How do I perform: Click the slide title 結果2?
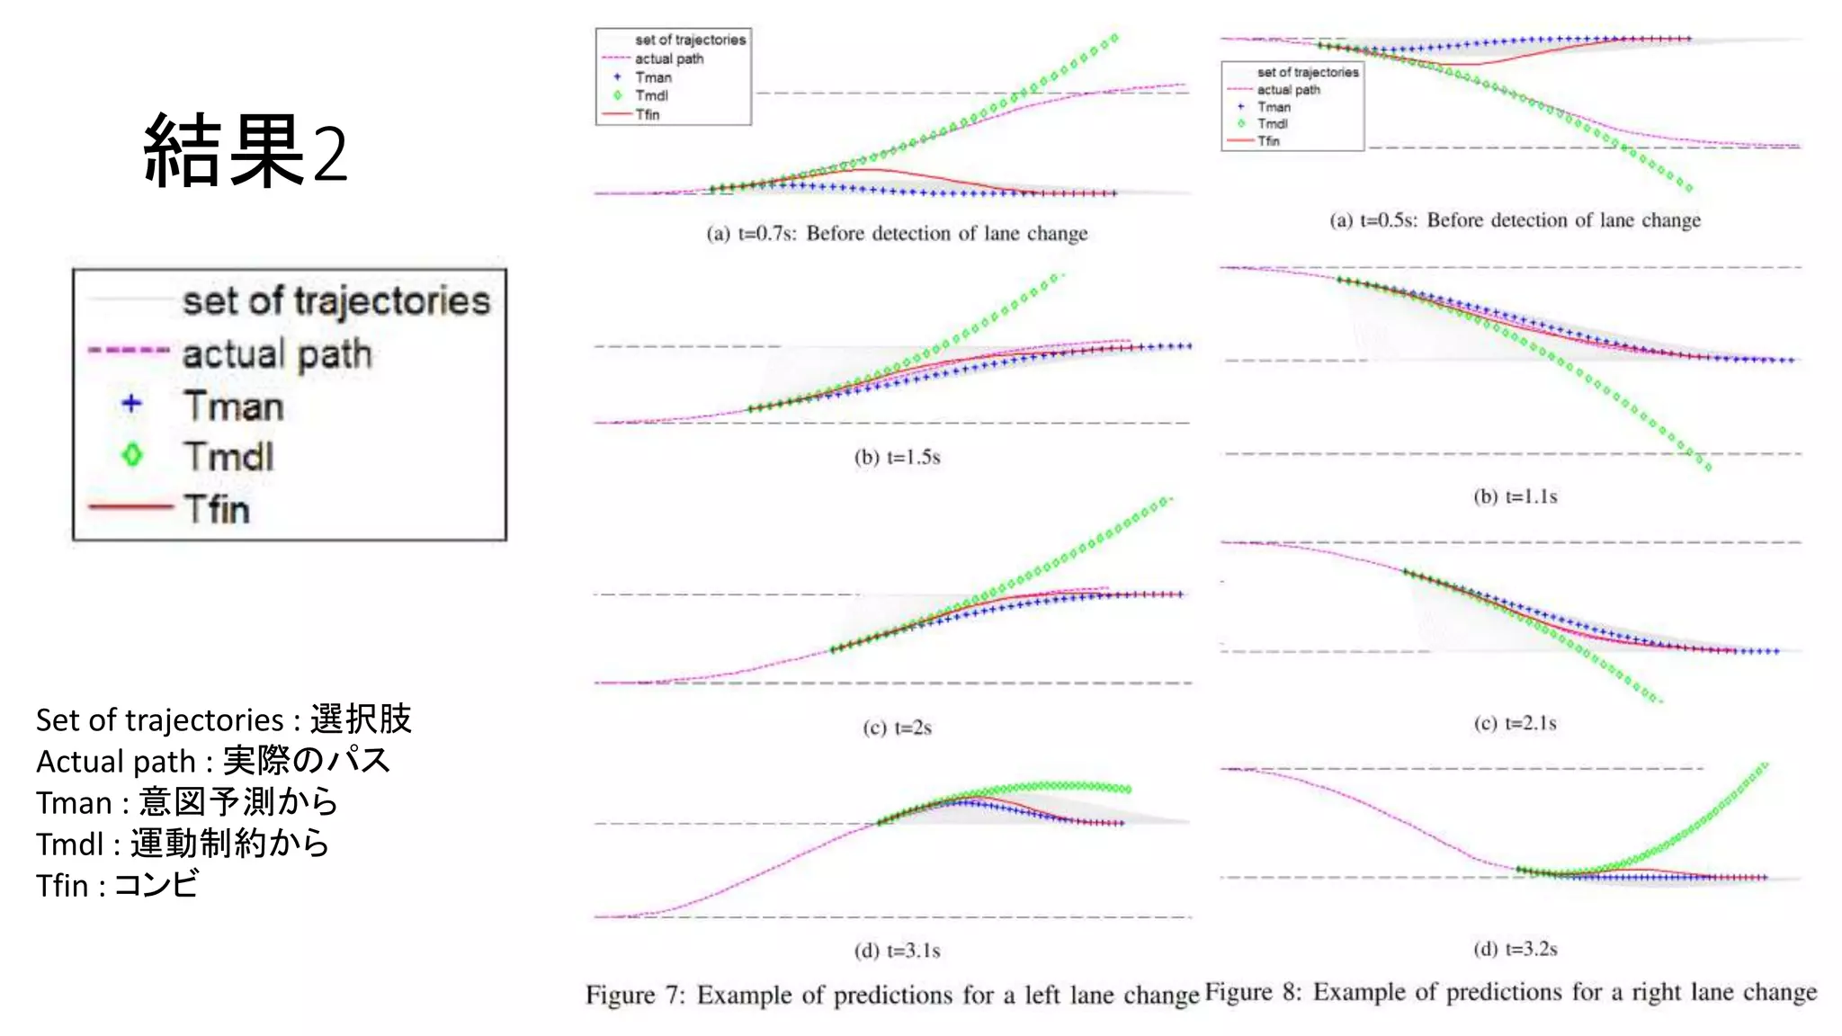tap(245, 151)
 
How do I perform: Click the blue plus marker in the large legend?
tap(132, 404)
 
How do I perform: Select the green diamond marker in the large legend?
tap(132, 455)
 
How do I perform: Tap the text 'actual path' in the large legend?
tap(276, 353)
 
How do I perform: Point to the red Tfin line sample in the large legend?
tap(130, 507)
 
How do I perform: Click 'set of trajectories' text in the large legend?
tap(336, 301)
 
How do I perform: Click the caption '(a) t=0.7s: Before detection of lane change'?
tap(897, 234)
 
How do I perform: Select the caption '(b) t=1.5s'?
tap(897, 457)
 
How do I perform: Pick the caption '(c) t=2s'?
tap(897, 728)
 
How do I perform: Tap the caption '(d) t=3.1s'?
tap(897, 951)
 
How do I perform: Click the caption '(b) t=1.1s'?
tap(1515, 496)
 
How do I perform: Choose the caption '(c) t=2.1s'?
tap(1515, 723)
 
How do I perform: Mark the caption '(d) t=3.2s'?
tap(1515, 949)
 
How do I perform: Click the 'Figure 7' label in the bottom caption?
tap(635, 995)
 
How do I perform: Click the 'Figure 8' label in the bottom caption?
tap(1253, 992)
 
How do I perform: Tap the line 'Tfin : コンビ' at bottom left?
tap(117, 885)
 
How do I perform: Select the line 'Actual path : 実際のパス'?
tap(213, 761)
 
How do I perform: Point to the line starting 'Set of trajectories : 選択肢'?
tap(223, 719)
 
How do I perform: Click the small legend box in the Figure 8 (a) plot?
tap(1292, 106)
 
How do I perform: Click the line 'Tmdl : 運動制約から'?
tap(183, 844)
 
